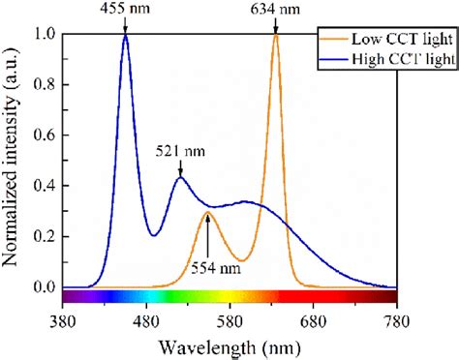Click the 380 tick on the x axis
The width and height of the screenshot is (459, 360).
coord(63,319)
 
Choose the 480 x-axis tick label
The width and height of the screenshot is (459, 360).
coord(146,319)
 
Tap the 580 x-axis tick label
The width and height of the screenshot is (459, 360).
coord(229,319)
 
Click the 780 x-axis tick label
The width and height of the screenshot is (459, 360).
coord(396,319)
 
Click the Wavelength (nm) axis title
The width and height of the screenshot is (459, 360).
coord(229,346)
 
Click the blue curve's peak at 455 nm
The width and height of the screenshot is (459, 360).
coord(126,37)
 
